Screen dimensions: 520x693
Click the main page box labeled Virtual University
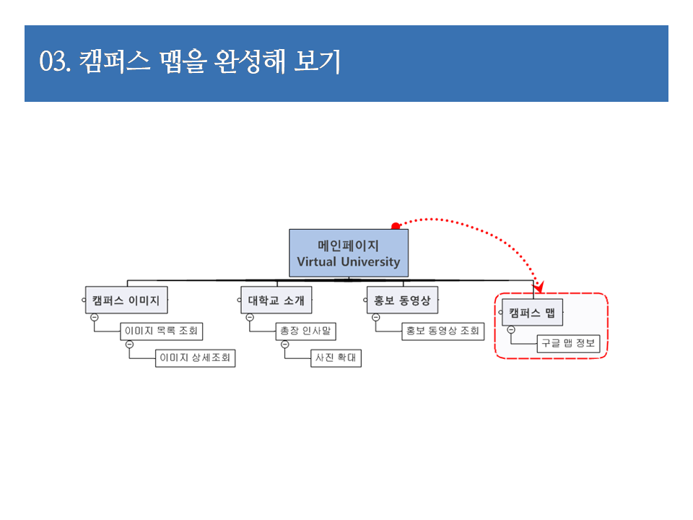(349, 253)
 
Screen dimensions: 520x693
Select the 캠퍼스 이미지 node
(126, 300)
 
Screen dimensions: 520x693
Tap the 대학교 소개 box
(276, 300)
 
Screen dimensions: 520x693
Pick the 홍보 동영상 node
(402, 300)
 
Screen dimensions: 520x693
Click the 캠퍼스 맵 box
(532, 312)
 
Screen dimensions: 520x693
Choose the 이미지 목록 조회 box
(161, 331)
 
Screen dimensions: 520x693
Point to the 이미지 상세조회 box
(196, 357)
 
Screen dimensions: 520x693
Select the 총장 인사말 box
(306, 331)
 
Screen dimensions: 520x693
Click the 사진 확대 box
(336, 357)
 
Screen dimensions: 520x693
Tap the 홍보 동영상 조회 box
(443, 331)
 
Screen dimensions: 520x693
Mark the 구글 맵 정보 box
(568, 343)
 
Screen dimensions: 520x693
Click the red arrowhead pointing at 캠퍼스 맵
(539, 287)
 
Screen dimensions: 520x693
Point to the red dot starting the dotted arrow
(396, 226)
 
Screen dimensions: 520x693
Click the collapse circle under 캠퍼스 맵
(511, 329)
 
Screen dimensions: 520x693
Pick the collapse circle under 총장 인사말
(285, 344)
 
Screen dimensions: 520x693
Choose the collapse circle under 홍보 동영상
(376, 317)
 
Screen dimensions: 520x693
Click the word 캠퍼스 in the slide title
(113, 63)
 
